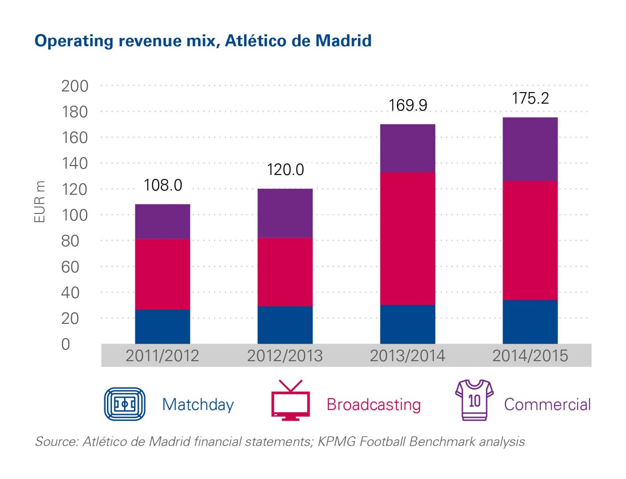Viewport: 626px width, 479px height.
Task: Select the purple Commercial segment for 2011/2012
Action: (x=162, y=222)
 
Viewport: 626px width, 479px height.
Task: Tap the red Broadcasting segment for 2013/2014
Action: (x=407, y=238)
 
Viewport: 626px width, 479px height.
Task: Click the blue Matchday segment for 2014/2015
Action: (x=530, y=322)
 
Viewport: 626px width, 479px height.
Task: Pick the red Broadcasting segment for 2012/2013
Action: (x=285, y=272)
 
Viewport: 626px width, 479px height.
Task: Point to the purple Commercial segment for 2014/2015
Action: (x=530, y=149)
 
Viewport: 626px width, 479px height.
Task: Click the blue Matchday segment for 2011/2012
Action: (x=162, y=327)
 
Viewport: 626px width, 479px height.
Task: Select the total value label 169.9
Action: (x=408, y=105)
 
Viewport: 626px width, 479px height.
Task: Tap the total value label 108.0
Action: (x=162, y=185)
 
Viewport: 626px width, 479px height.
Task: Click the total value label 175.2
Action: (x=530, y=99)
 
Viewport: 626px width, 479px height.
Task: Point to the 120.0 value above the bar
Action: (x=285, y=170)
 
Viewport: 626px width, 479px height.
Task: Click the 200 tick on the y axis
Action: (x=75, y=86)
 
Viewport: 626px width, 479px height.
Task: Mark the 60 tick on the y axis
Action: (x=70, y=267)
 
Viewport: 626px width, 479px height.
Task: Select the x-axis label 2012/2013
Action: (x=285, y=356)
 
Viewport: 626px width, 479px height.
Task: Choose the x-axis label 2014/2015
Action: (x=530, y=356)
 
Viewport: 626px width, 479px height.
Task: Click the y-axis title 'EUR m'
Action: (x=40, y=202)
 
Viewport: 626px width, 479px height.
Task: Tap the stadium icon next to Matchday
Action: (x=125, y=404)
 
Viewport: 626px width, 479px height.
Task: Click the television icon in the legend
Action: (x=290, y=401)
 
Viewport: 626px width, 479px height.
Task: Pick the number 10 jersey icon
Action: (x=474, y=400)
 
